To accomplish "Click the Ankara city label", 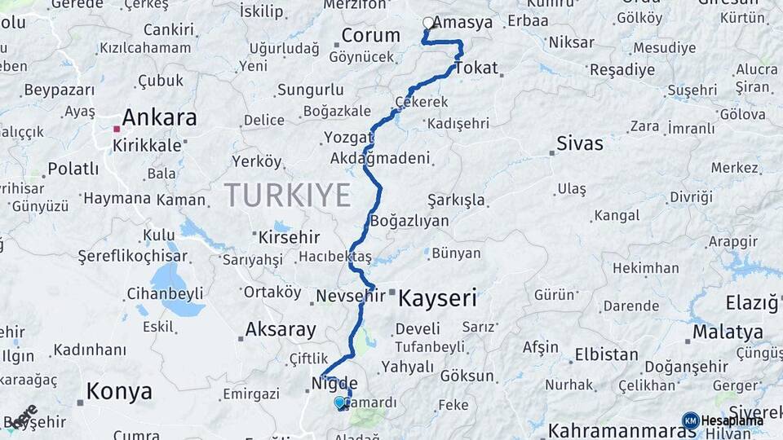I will tap(159, 118).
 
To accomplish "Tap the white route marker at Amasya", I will tap(428, 23).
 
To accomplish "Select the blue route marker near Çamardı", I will tap(339, 402).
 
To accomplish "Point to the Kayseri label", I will tap(436, 298).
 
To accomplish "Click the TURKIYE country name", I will tap(287, 196).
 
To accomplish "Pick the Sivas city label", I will tap(579, 144).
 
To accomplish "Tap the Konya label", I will tap(119, 392).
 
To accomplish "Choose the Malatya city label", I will tap(728, 332).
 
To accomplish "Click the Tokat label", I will tap(476, 68).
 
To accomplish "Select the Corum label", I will tap(370, 36).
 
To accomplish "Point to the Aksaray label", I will tap(281, 330).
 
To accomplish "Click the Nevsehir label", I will tap(349, 295).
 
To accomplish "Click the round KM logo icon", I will tap(690, 420).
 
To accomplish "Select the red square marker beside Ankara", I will tap(117, 129).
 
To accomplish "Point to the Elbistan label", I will tap(606, 354).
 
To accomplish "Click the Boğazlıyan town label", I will tap(409, 221).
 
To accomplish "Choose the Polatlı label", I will tap(73, 169).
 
